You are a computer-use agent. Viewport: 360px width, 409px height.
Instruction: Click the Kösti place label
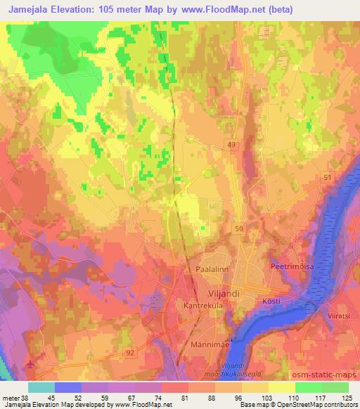(x=271, y=301)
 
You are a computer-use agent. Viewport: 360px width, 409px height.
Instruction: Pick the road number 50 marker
(x=238, y=229)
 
